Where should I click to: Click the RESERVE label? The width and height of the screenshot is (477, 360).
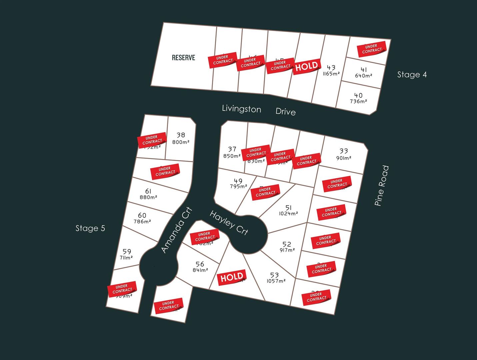[183, 58]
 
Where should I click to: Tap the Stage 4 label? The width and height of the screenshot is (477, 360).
[412, 75]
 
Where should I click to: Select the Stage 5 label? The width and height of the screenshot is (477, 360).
[90, 228]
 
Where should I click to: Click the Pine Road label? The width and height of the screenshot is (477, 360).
[382, 186]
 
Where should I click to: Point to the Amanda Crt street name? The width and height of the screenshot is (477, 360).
[176, 230]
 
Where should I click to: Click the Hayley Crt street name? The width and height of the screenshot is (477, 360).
[229, 223]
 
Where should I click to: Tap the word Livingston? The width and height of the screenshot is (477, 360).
[241, 109]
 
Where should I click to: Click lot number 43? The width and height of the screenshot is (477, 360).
[331, 68]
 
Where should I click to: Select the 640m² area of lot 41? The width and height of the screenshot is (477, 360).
[363, 76]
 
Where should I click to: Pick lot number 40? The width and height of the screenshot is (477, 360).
[358, 95]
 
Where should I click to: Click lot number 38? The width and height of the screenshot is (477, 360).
[181, 135]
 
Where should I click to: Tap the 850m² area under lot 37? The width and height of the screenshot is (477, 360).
[232, 156]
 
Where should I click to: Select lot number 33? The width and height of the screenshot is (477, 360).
[344, 151]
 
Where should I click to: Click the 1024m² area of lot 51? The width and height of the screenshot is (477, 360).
[288, 214]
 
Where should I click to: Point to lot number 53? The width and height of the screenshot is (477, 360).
[274, 275]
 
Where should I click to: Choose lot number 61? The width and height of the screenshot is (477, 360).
[148, 191]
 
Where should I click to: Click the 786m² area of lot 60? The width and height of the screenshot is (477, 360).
[142, 221]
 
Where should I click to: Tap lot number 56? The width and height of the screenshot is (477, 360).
[200, 264]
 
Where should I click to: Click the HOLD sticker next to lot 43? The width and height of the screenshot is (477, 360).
[307, 66]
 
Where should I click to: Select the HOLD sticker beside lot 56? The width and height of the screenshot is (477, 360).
[232, 277]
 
